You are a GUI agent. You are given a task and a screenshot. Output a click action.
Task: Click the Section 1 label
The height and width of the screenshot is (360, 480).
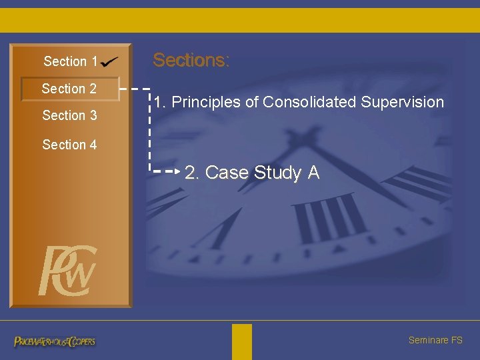tap(70, 62)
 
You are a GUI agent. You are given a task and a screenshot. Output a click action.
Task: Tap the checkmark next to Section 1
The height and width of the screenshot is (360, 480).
tap(110, 61)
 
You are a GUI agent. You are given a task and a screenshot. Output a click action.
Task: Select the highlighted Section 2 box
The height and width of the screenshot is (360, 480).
tap(70, 89)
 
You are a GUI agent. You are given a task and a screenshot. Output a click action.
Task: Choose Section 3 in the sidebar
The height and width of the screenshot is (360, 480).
tap(69, 115)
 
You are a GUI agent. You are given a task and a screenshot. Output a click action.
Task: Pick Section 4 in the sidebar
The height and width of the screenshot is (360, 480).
tap(69, 145)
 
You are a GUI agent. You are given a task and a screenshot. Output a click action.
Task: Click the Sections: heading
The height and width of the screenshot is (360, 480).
tap(191, 60)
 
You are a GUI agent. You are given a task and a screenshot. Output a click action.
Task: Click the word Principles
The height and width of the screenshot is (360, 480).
tap(203, 102)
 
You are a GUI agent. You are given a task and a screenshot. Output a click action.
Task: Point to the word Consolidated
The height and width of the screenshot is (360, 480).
tap(309, 102)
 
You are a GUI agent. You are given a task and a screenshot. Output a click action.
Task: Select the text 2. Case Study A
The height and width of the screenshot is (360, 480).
tap(252, 173)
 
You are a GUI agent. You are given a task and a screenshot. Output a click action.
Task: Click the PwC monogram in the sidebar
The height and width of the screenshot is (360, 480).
tap(67, 271)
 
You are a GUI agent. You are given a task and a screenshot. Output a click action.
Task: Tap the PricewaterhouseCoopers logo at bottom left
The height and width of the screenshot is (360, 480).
tap(55, 341)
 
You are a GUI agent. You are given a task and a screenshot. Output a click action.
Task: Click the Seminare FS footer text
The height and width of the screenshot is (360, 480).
tap(435, 340)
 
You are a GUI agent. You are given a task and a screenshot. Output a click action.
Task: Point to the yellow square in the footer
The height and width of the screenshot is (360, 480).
tap(242, 341)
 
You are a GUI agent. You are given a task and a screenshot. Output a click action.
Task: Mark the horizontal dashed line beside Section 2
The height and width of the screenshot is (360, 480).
tap(134, 88)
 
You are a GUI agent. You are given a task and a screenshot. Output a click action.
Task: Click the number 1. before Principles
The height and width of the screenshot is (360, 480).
tap(160, 102)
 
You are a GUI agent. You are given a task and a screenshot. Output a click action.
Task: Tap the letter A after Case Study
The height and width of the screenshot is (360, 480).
tap(313, 173)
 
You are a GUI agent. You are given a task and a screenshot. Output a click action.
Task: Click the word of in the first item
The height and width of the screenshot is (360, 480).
tap(252, 102)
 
